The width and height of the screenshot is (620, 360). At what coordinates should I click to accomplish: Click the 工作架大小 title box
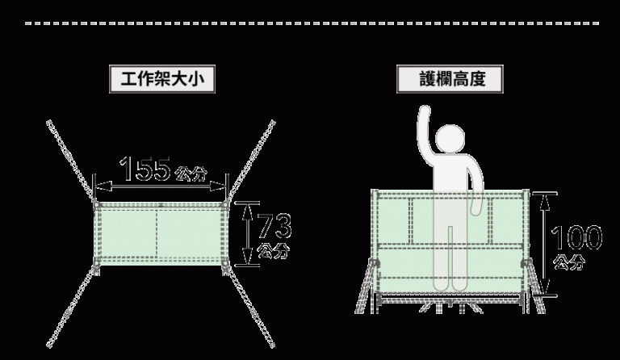pos(162,79)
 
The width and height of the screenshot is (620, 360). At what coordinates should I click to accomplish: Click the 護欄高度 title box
pos(450,79)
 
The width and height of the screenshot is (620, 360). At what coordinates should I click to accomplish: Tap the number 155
pos(145,169)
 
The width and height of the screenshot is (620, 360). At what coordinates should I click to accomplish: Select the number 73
pos(274,226)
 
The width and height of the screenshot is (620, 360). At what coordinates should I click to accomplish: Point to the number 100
pos(576,237)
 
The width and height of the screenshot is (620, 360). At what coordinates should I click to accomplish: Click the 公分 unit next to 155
pos(191,174)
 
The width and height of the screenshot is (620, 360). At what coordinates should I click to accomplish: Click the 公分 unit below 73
pos(273,250)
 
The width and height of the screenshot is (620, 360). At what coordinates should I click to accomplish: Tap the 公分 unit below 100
pos(569,262)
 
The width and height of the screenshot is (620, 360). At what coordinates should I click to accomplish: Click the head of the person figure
pos(450,139)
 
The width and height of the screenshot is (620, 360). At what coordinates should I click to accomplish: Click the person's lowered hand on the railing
pos(476,207)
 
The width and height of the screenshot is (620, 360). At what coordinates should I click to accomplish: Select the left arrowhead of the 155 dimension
pos(103,186)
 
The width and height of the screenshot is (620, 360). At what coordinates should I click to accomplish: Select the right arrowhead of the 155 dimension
pos(218,186)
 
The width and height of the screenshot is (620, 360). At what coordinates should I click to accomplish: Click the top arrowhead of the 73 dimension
pos(248,211)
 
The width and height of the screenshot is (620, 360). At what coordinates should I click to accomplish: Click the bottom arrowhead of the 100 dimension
pos(545,286)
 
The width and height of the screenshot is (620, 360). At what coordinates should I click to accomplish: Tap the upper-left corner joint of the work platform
pos(97,205)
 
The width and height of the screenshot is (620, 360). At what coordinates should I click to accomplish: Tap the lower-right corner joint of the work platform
pos(225,262)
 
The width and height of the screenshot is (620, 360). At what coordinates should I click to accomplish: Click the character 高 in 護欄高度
pos(461,79)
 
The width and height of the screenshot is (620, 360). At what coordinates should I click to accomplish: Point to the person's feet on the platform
pos(450,285)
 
